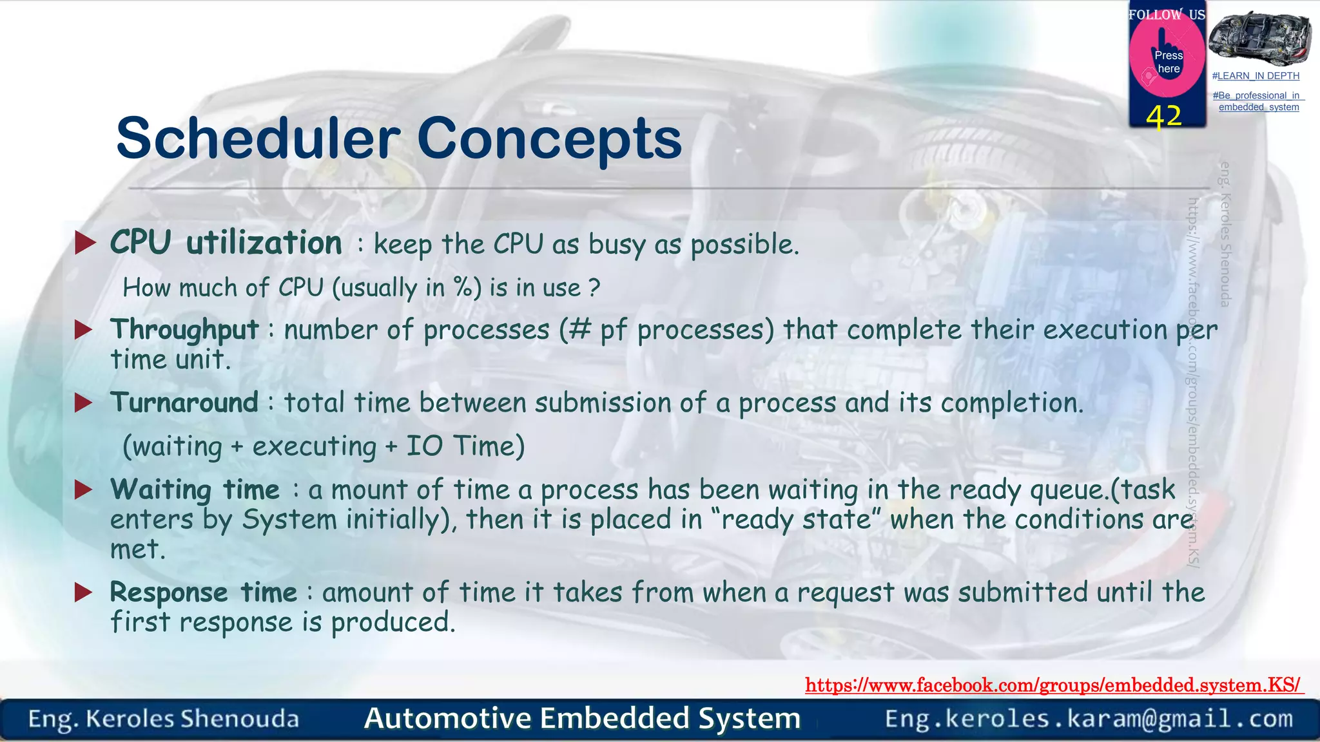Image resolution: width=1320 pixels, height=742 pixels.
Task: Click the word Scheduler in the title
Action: pyautogui.click(x=258, y=138)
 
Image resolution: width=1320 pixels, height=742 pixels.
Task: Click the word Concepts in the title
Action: pyautogui.click(x=549, y=138)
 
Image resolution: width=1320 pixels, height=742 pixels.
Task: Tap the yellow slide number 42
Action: pyautogui.click(x=1164, y=117)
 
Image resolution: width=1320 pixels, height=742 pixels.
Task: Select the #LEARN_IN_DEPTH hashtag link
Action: pyautogui.click(x=1256, y=76)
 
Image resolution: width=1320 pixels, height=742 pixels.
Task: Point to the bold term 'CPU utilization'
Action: pyautogui.click(x=226, y=243)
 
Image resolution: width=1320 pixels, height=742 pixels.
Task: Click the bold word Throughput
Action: pyautogui.click(x=184, y=330)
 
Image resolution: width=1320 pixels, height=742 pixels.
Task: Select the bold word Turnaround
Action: pyautogui.click(x=184, y=403)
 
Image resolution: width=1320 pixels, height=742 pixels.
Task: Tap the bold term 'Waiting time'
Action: pyautogui.click(x=195, y=490)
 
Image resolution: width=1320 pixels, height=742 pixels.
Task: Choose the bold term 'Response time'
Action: pyautogui.click(x=203, y=593)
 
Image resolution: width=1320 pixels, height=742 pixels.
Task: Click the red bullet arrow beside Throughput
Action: pyautogui.click(x=84, y=330)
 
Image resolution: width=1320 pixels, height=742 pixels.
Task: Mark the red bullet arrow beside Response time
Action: pyautogui.click(x=84, y=592)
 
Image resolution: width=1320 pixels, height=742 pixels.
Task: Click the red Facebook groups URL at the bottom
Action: pyautogui.click(x=1053, y=685)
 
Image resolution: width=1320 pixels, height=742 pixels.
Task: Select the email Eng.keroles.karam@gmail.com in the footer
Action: pyautogui.click(x=1089, y=719)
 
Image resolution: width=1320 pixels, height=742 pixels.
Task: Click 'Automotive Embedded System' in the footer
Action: pyautogui.click(x=582, y=719)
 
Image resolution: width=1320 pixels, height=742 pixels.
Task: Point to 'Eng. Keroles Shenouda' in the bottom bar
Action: pyautogui.click(x=163, y=719)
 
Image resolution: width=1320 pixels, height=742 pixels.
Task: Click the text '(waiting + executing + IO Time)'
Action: pyautogui.click(x=324, y=446)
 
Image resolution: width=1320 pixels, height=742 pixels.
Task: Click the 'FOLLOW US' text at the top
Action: pyautogui.click(x=1166, y=14)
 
